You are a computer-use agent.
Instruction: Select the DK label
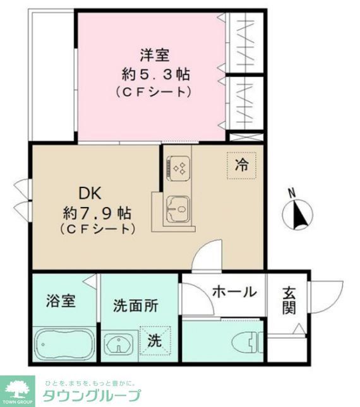click(x=90, y=192)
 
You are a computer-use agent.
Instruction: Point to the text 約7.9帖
click(x=97, y=210)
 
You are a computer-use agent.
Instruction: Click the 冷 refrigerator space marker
click(x=242, y=165)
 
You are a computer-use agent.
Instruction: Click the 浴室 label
click(x=61, y=300)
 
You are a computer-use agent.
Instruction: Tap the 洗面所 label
click(x=136, y=306)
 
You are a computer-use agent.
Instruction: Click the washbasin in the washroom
click(x=117, y=345)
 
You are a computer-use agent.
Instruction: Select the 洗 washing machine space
click(x=155, y=339)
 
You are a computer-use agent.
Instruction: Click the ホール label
click(x=234, y=292)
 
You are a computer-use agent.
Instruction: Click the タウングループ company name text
click(x=92, y=396)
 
